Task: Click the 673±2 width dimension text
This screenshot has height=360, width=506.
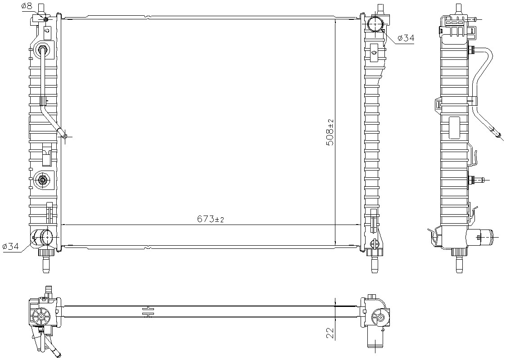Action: (x=210, y=219)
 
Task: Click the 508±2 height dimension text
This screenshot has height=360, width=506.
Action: (x=330, y=132)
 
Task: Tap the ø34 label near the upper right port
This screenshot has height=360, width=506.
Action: (x=406, y=38)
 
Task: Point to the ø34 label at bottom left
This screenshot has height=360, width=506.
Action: (x=11, y=247)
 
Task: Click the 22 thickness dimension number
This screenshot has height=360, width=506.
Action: (x=330, y=332)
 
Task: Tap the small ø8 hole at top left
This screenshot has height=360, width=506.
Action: (x=46, y=20)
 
